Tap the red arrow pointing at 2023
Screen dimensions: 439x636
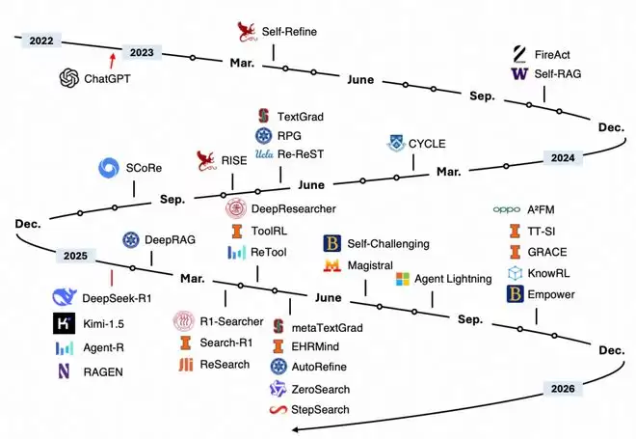pos(117,61)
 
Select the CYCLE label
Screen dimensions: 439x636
pos(427,144)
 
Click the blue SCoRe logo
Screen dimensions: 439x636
pos(111,168)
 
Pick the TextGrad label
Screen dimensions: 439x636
pos(300,116)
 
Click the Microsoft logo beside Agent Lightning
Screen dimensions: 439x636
pos(404,279)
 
